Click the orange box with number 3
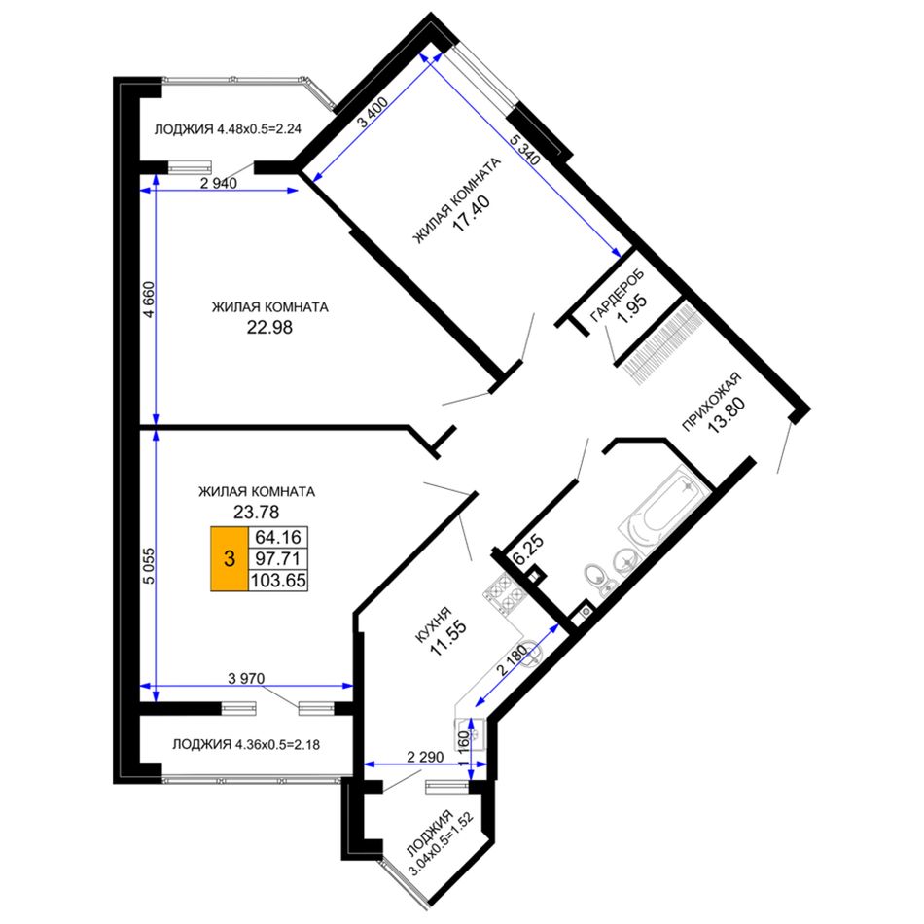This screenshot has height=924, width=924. click(x=230, y=558)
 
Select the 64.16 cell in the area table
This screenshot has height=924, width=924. click(x=278, y=538)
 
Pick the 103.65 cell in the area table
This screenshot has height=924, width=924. click(x=278, y=581)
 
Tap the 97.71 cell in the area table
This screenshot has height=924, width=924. click(x=278, y=558)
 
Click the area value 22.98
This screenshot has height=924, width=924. click(x=269, y=327)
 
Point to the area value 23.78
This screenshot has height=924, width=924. click(x=257, y=512)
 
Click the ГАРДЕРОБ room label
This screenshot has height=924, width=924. click(x=617, y=296)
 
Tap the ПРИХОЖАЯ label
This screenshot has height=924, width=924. click(x=711, y=402)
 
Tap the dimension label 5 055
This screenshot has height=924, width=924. click(x=149, y=566)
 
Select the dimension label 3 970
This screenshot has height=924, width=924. click(x=246, y=678)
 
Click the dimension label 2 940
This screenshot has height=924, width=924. click(x=219, y=183)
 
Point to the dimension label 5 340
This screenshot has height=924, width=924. click(x=524, y=149)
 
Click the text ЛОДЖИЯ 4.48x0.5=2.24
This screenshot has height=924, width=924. click(x=228, y=129)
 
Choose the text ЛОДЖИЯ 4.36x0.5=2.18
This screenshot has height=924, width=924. click(x=246, y=744)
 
